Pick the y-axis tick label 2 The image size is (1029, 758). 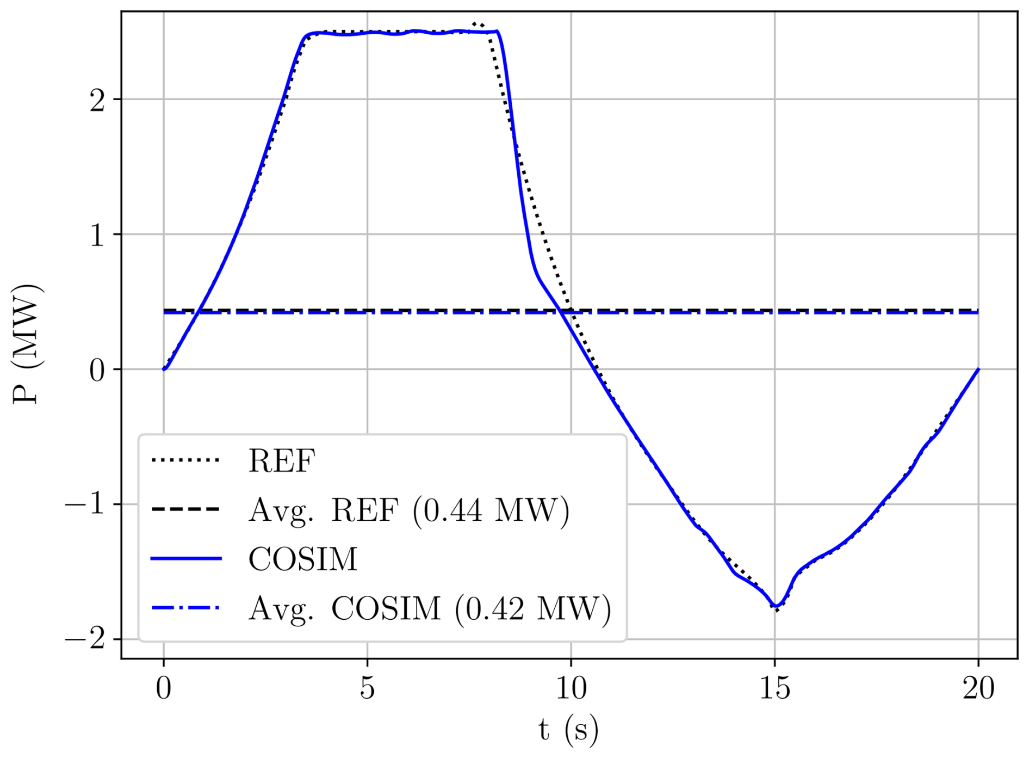pyautogui.click(x=97, y=100)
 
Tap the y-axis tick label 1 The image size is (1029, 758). pyautogui.click(x=97, y=235)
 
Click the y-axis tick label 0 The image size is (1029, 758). pyautogui.click(x=97, y=370)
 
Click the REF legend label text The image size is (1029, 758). pyautogui.click(x=282, y=461)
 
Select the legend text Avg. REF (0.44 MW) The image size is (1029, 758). pyautogui.click(x=409, y=510)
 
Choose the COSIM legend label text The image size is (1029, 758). pyautogui.click(x=303, y=559)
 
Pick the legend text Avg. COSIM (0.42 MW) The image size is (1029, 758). pyautogui.click(x=430, y=608)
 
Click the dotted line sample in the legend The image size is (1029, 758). pyautogui.click(x=186, y=460)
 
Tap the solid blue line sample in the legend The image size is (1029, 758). pyautogui.click(x=186, y=558)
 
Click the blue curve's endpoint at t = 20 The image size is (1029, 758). pyautogui.click(x=978, y=369)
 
